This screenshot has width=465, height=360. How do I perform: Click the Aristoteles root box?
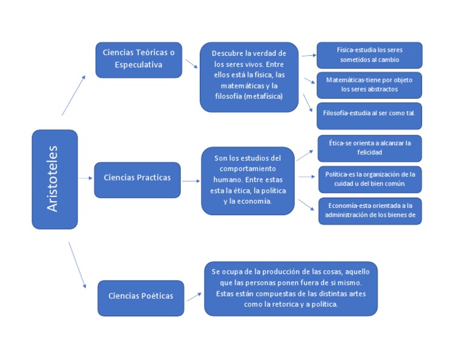[x=54, y=179]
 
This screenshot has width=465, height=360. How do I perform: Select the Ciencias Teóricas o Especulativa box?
[x=139, y=59]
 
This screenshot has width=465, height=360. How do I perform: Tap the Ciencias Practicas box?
[x=137, y=179]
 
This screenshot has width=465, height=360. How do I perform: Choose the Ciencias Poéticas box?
[x=140, y=298]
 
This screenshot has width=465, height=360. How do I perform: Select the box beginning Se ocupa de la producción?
[x=291, y=288]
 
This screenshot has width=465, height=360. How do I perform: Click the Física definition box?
[x=369, y=55]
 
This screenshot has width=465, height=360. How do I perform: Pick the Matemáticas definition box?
[x=369, y=85]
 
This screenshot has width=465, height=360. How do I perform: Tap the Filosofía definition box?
[x=369, y=115]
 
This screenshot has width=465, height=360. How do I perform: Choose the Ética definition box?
[x=369, y=148]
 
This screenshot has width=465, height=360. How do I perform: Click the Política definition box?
[x=369, y=179]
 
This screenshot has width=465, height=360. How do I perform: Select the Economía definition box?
[x=369, y=211]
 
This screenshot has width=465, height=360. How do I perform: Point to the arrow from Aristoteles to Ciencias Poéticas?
[x=78, y=265]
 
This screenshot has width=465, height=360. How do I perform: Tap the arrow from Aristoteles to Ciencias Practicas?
[x=85, y=179]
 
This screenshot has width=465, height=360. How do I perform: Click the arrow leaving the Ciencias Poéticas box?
[x=194, y=296]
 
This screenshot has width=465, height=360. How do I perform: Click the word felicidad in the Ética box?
[x=369, y=153]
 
